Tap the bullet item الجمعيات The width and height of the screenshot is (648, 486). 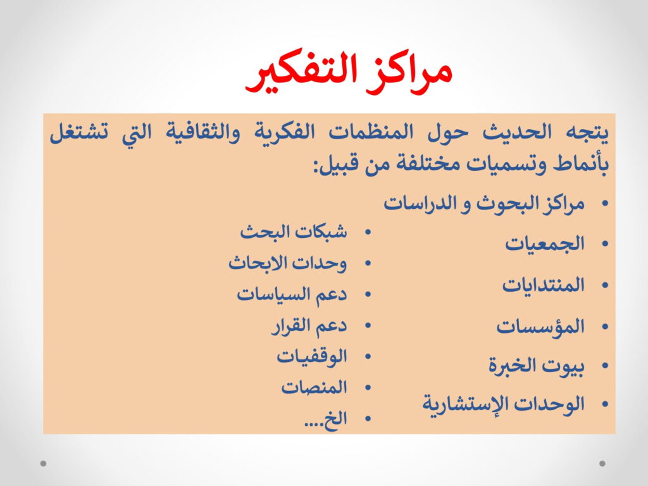point(545,244)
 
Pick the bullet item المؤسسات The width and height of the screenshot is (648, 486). point(540,327)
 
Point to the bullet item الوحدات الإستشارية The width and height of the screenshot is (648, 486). point(503,404)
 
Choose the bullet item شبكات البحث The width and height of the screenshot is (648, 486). point(294,232)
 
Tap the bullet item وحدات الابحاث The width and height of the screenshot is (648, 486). point(288,263)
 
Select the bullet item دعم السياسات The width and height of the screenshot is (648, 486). point(292,295)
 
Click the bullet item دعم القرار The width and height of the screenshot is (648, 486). point(309,326)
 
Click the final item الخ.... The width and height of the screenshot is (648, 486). point(326,419)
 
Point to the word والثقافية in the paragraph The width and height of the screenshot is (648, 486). point(203,133)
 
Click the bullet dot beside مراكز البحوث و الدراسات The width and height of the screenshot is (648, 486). point(606,203)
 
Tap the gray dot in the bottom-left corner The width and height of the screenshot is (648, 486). point(44,463)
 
